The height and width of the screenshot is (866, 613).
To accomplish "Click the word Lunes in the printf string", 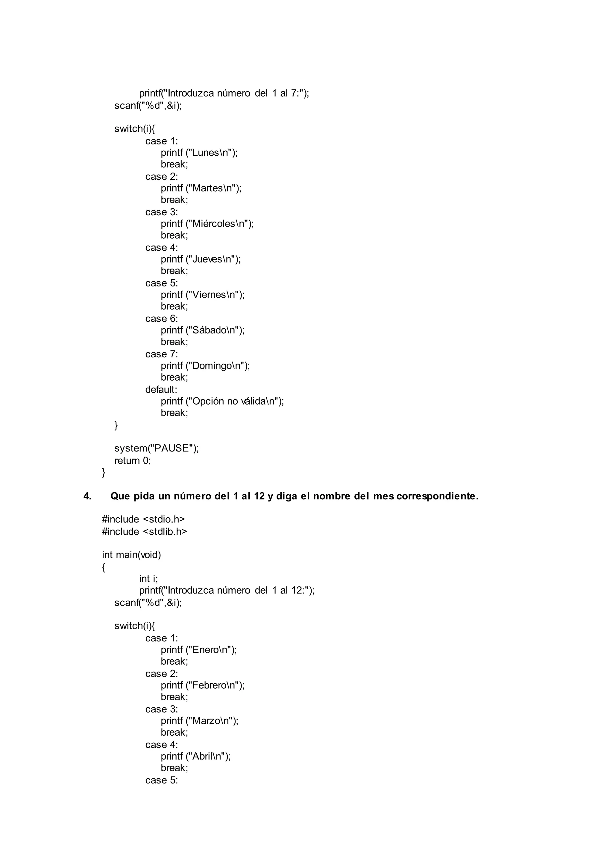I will [x=205, y=153].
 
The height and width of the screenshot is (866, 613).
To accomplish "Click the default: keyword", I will [x=161, y=389].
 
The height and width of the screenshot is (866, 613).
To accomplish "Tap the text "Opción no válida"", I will [x=229, y=401].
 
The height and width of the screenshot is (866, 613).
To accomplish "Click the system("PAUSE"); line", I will [x=156, y=448].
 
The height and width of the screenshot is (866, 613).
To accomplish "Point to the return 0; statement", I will [x=133, y=461].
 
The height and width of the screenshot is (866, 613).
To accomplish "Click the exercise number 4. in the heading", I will [x=88, y=496].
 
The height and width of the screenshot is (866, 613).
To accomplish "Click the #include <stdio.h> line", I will [x=143, y=519].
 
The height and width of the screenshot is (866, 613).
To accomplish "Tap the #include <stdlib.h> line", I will [x=145, y=531].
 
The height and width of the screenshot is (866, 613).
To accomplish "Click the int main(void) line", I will [x=131, y=555].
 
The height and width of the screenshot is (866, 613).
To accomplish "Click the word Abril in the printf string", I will [x=202, y=756].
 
